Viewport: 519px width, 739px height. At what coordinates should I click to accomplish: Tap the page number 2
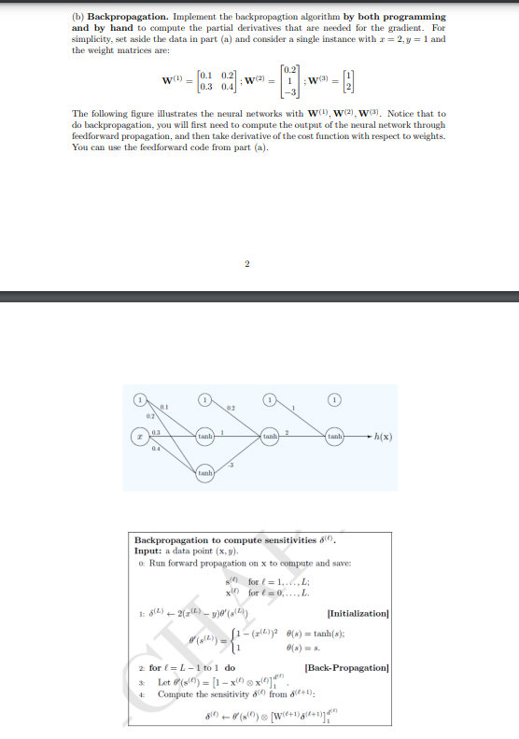tap(246, 264)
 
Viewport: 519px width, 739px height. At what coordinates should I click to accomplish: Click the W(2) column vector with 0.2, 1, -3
tap(292, 80)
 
